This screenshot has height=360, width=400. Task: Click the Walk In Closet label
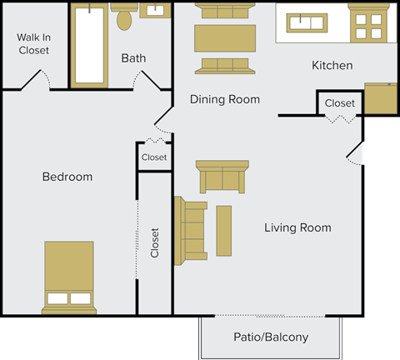tap(33, 43)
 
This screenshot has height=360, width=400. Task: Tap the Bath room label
tap(133, 58)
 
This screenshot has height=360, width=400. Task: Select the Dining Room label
tap(224, 99)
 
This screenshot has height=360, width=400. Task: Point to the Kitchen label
tap(332, 65)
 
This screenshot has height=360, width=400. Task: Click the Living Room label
tap(297, 227)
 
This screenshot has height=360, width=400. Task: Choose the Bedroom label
tap(67, 177)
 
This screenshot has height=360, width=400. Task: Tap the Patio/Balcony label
tap(270, 337)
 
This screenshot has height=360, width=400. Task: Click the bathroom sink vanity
tap(154, 11)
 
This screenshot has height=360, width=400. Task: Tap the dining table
tap(224, 38)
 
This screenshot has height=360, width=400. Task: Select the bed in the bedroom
tap(70, 277)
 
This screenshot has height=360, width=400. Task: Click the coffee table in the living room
tap(224, 230)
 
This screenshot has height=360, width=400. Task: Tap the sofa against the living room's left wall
tap(190, 231)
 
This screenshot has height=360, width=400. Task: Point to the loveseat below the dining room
tap(222, 176)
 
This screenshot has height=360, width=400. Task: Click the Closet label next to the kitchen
tap(339, 103)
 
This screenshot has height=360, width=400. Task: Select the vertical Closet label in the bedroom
tap(155, 242)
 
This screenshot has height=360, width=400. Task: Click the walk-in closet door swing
tap(37, 80)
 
